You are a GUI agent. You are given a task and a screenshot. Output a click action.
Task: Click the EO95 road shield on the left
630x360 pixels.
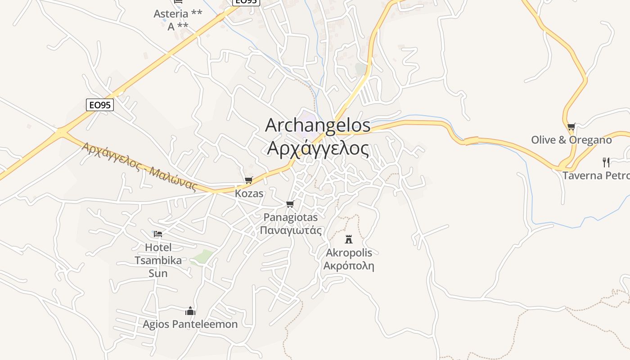point(100,105)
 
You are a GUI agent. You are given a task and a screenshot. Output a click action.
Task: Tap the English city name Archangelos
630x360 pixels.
point(318,126)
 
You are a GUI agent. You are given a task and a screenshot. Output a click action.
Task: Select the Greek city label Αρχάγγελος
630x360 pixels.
point(318,148)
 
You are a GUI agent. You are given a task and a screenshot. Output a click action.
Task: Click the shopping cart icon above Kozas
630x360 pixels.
point(248,180)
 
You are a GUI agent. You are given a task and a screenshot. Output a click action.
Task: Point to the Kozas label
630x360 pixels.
point(249,194)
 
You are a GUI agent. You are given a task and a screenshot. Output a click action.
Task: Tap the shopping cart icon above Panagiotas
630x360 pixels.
point(290,204)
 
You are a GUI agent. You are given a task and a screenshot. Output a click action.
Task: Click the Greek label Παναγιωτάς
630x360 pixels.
point(291,231)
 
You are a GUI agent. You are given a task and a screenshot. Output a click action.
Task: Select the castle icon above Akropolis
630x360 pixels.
point(349,239)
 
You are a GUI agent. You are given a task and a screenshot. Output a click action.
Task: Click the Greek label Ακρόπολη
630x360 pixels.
point(349,265)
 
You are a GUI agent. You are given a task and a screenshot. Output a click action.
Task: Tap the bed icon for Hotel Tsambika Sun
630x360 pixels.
point(158,234)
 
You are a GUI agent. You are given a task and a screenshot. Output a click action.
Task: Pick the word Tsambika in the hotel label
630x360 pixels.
point(158,261)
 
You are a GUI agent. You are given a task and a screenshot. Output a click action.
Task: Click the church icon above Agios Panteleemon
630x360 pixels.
point(190,311)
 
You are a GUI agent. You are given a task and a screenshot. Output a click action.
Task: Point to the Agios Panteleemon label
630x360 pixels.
point(190,324)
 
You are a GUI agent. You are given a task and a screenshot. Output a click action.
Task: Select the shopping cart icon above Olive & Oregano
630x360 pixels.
point(571,127)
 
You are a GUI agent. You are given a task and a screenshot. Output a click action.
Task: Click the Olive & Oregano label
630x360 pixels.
point(571,140)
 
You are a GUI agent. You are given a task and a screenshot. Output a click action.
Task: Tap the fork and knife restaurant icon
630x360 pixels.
point(606,162)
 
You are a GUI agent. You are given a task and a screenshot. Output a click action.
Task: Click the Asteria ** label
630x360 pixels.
point(178,14)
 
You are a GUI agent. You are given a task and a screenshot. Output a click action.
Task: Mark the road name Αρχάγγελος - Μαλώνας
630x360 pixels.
point(140,166)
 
